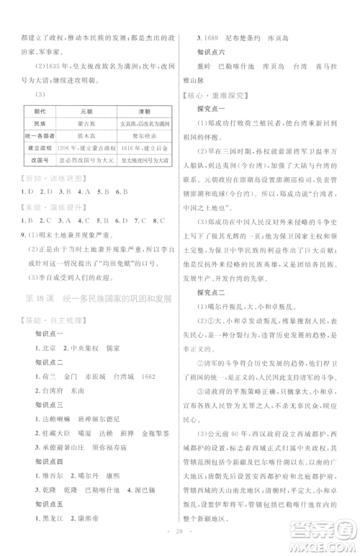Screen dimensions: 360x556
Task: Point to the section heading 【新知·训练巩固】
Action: pyautogui.click(x=48, y=180)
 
